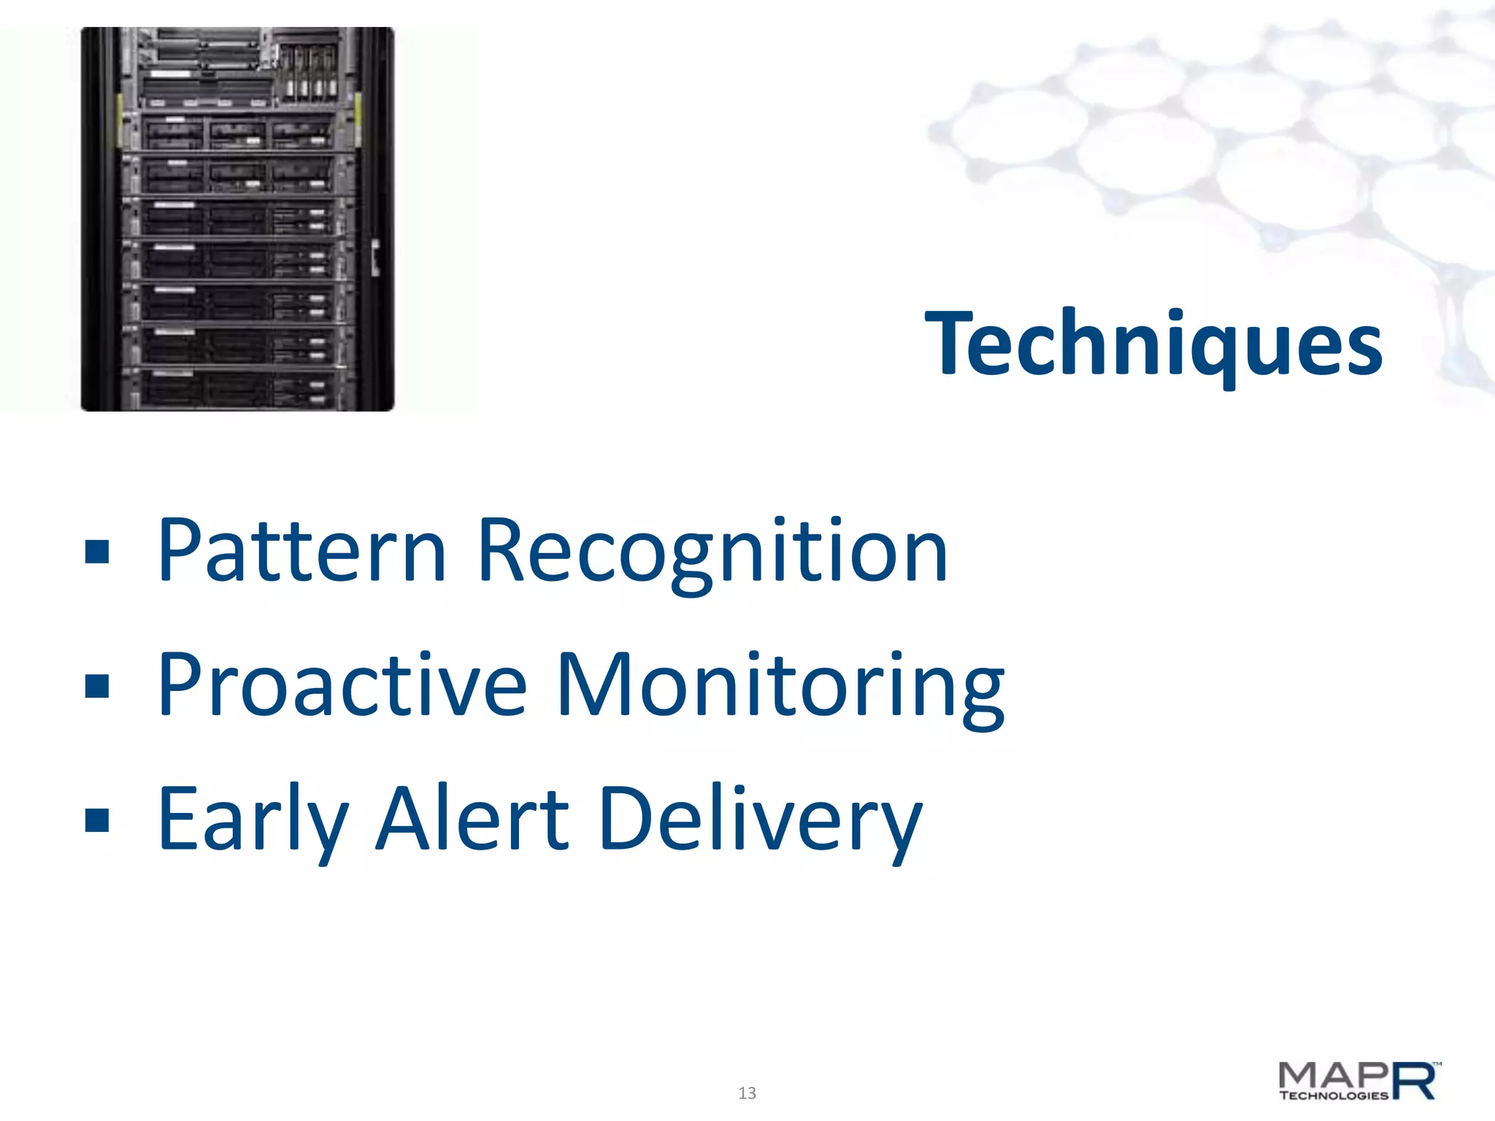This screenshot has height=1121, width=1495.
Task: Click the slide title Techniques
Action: (1153, 343)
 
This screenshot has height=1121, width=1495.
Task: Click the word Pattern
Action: (301, 550)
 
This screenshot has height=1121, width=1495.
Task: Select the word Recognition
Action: (712, 550)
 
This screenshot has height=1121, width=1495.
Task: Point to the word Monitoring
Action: (780, 686)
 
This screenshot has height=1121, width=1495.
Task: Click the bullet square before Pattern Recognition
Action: (97, 552)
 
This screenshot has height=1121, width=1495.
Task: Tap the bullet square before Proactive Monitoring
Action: (97, 686)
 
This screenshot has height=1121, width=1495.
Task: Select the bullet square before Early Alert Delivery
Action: (97, 820)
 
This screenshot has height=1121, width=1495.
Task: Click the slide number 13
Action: (747, 1093)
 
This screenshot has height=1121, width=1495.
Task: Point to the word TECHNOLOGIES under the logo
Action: (1333, 1095)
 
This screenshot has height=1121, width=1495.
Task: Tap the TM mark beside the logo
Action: (1437, 1065)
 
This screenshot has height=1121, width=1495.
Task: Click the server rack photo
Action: (237, 219)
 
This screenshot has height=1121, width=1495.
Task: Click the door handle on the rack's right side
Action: (375, 257)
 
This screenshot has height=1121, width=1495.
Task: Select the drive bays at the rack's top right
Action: (310, 73)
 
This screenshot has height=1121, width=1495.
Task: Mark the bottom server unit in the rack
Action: (237, 390)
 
